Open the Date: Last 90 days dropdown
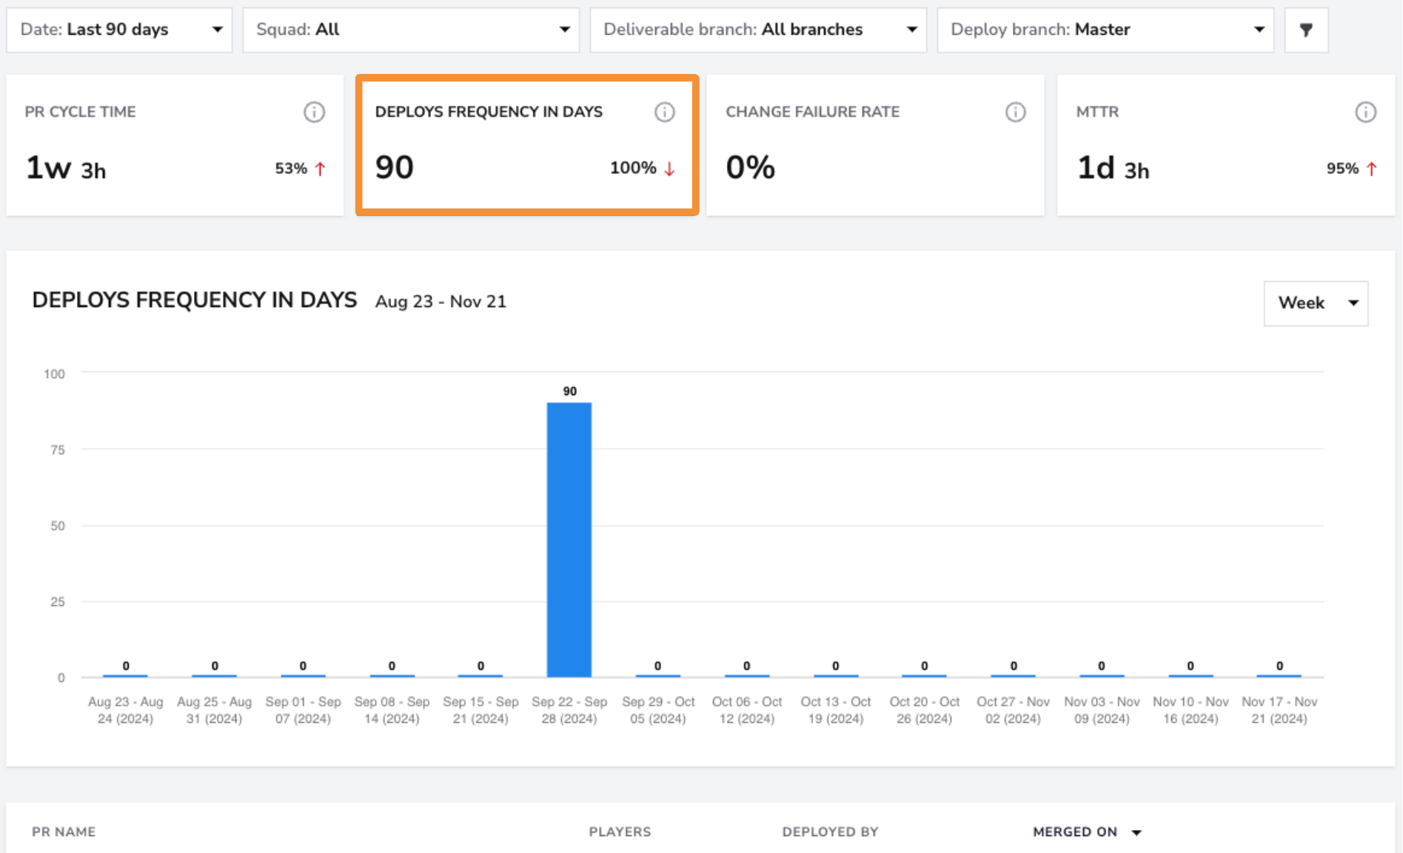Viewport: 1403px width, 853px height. [119, 30]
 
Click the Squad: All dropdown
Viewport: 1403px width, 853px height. [411, 30]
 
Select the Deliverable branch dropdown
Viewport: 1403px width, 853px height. [758, 30]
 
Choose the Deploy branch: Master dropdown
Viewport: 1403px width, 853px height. [1105, 30]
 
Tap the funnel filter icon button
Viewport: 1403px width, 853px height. [1307, 30]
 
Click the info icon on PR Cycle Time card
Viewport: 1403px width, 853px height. [314, 112]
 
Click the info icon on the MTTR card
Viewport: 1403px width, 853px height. [1365, 112]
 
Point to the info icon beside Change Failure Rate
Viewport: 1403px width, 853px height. [1015, 112]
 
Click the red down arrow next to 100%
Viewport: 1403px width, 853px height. [669, 169]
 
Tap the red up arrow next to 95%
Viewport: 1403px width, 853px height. [1371, 169]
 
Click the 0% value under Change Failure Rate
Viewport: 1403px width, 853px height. [750, 167]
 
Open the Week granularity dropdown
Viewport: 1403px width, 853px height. [1316, 303]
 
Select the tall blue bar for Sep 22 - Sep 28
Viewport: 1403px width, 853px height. [569, 540]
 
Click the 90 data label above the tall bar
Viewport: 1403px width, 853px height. [569, 391]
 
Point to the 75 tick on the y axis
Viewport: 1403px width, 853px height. [58, 450]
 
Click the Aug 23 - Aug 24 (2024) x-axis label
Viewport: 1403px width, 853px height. [126, 710]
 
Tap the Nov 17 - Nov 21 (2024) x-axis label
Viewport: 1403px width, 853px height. [1279, 710]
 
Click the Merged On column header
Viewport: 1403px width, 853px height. [1075, 832]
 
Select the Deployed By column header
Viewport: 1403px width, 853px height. [830, 832]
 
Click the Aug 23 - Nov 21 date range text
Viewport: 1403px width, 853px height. [441, 302]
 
